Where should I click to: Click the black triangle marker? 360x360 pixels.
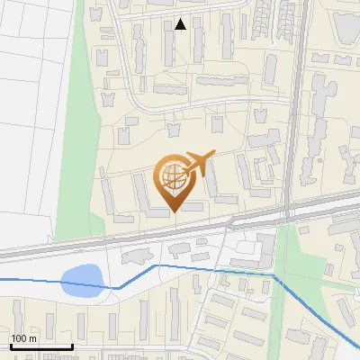[x=181, y=24]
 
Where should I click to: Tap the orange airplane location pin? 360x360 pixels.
[x=175, y=181]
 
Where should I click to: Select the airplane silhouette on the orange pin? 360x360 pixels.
[x=195, y=164]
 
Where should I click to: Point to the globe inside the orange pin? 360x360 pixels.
[x=172, y=177]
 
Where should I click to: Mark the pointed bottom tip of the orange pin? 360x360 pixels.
[x=174, y=211]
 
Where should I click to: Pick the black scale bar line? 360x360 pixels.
[x=40, y=346]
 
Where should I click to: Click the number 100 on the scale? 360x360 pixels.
[x=19, y=338]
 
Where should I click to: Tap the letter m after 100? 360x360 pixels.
[x=32, y=339]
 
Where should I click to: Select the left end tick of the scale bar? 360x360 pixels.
[x=10, y=345]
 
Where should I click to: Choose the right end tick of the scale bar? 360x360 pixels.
[x=72, y=345]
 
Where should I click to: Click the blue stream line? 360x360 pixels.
[x=216, y=269]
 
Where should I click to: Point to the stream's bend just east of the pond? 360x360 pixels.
[x=119, y=287]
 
